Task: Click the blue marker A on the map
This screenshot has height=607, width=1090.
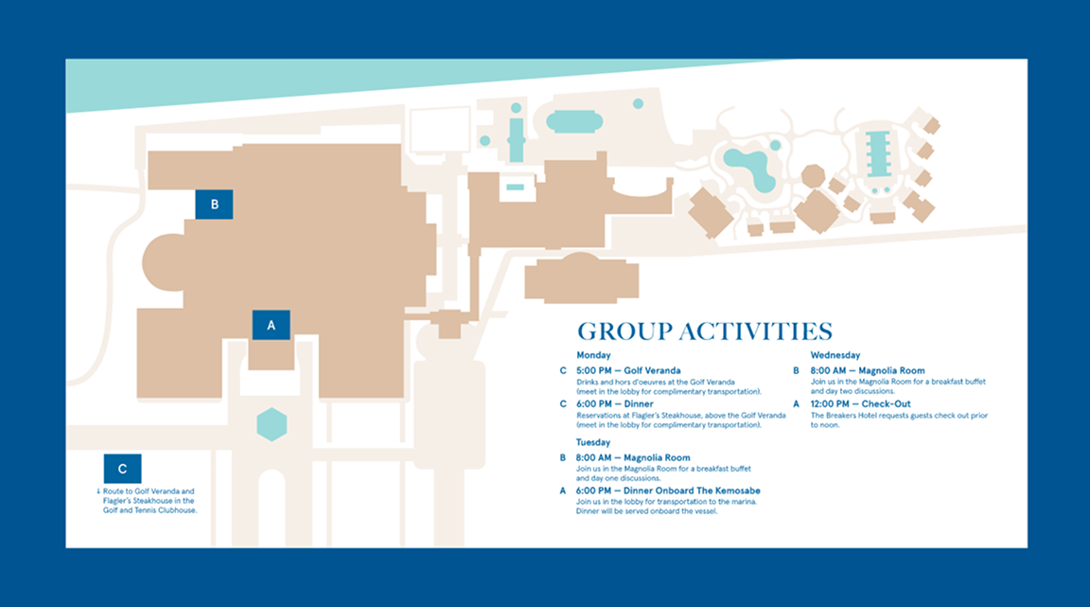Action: click(271, 325)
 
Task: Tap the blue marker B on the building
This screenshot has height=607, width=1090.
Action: click(214, 205)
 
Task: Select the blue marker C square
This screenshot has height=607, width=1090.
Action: click(122, 469)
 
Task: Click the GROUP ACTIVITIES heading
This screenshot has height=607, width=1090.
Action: click(705, 331)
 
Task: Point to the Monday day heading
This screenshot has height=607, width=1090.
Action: click(593, 355)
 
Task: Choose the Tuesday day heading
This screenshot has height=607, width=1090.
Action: click(593, 442)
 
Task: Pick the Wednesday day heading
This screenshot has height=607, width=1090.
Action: click(835, 355)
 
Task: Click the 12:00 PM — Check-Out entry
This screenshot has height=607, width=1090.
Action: click(860, 403)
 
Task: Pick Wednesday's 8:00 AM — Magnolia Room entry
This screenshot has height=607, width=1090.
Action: click(868, 370)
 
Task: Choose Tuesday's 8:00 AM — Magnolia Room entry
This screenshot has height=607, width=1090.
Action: click(633, 457)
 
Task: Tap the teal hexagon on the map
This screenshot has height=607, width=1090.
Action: click(272, 424)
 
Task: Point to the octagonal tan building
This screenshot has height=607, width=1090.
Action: click(813, 177)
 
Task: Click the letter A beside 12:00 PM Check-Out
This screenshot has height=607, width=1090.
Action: click(797, 403)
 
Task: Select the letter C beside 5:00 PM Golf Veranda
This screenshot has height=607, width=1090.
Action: click(563, 370)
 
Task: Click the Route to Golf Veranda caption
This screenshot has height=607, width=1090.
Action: click(148, 501)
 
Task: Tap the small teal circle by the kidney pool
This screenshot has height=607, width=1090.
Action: click(776, 145)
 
